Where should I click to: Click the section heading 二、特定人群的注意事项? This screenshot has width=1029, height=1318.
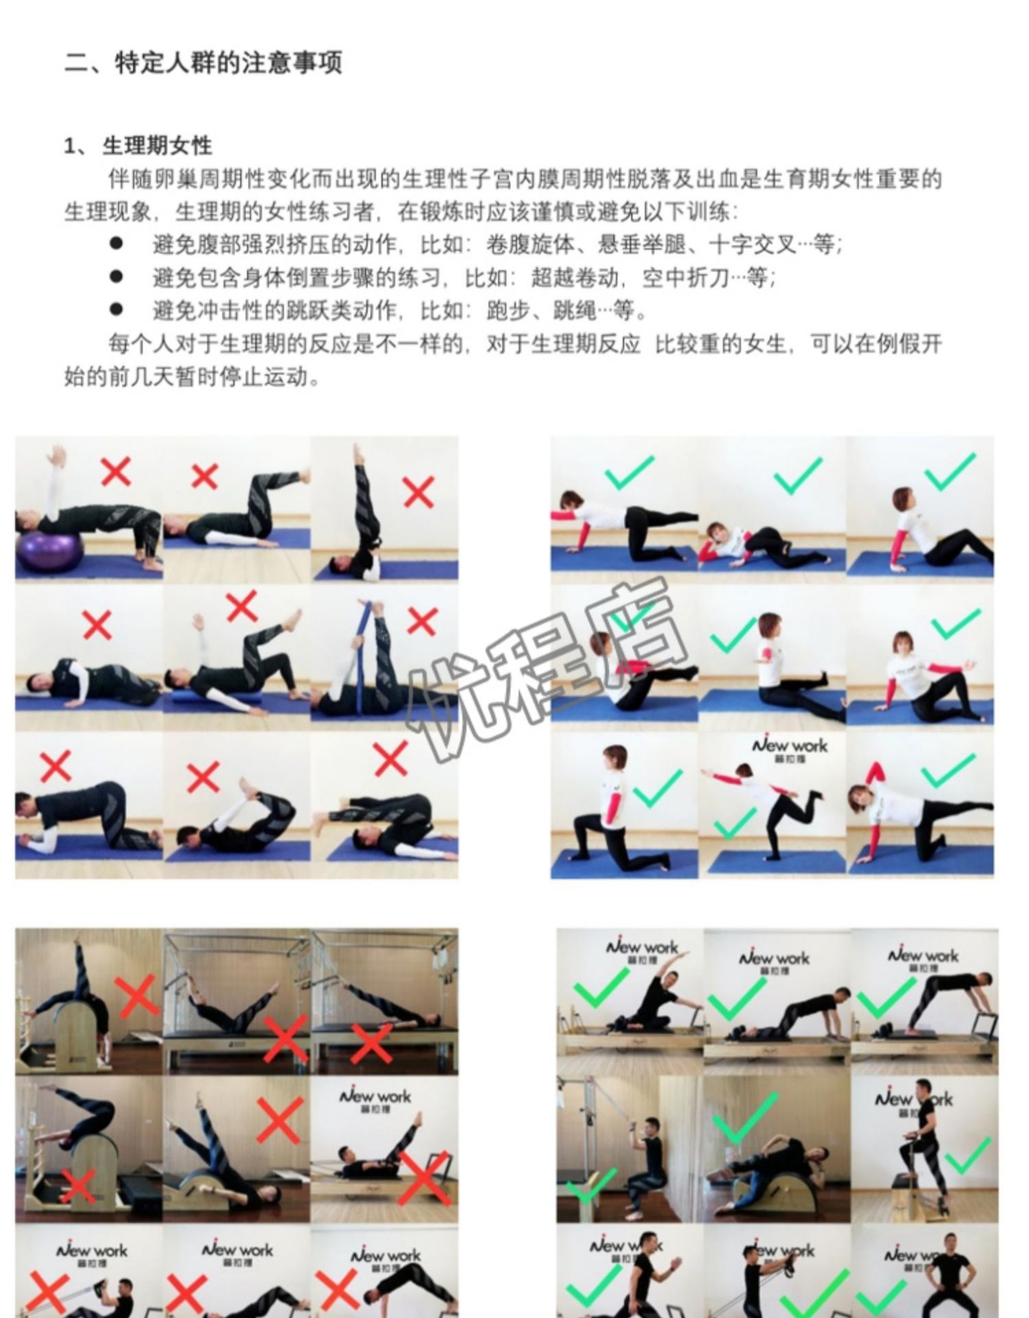click(x=203, y=63)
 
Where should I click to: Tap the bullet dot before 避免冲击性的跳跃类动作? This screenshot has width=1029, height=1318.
click(x=117, y=310)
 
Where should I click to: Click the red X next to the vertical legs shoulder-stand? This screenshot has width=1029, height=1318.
click(x=418, y=492)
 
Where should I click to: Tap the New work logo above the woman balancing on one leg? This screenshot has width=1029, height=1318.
click(x=790, y=749)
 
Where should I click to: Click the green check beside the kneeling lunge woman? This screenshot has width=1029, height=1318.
click(x=657, y=788)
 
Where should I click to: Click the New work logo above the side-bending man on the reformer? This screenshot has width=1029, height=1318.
click(x=641, y=950)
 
